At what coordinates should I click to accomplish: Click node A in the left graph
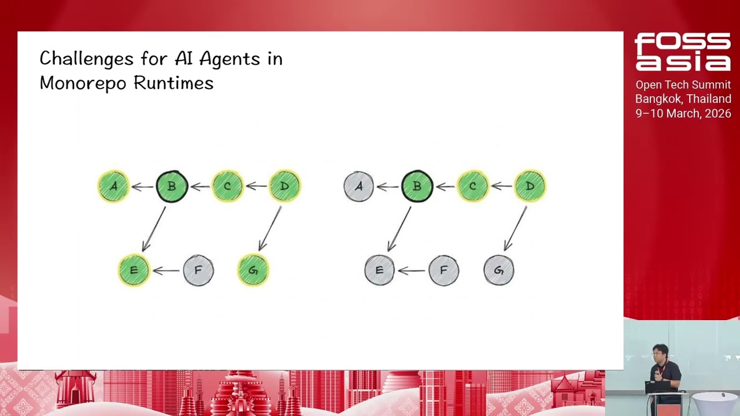(113, 186)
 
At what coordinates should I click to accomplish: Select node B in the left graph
(172, 186)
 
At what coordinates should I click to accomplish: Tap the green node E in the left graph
(134, 270)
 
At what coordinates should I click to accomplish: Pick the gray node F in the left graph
(198, 270)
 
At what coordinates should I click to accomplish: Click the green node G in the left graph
(253, 270)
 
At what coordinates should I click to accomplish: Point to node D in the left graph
(284, 186)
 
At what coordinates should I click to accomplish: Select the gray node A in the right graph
(358, 186)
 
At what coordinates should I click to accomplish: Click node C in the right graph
(472, 186)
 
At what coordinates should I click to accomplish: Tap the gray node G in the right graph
(498, 270)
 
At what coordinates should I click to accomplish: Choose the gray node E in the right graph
(379, 270)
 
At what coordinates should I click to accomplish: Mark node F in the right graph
(443, 270)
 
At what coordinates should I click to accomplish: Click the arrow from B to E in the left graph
(154, 229)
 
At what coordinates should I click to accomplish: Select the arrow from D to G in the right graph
(516, 229)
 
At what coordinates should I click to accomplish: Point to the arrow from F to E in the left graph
(166, 270)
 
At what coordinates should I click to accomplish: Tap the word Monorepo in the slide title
(84, 83)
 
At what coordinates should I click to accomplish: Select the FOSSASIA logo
(682, 52)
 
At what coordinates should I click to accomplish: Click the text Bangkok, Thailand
(683, 99)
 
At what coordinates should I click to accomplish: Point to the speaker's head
(660, 352)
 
